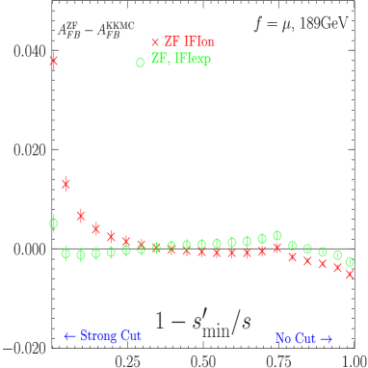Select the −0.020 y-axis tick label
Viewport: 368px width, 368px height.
pos(17,346)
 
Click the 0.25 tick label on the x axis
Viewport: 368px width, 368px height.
pos(126,357)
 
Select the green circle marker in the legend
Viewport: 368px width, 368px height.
pos(141,62)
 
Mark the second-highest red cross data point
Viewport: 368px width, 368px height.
pos(66,183)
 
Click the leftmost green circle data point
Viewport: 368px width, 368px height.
pos(54,223)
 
